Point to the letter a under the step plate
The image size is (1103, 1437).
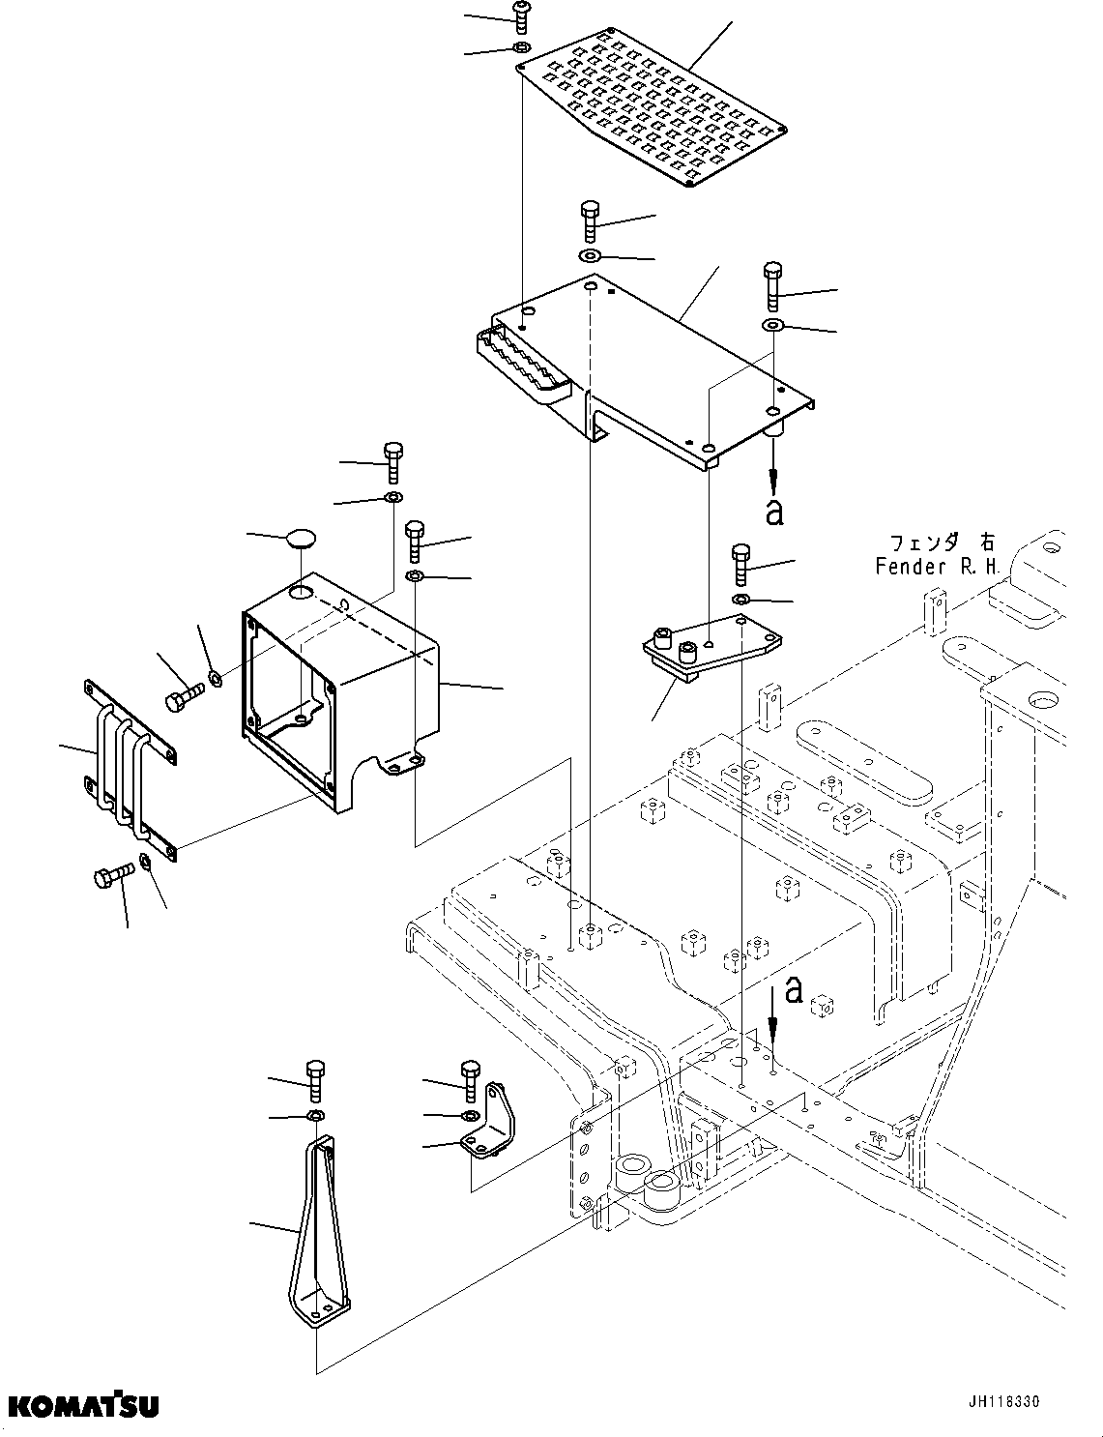[773, 512]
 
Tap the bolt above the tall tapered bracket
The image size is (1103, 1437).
[315, 1079]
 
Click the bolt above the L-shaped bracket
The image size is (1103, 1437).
[471, 1079]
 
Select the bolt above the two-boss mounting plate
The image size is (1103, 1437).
[741, 564]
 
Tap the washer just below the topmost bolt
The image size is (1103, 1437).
[520, 47]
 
